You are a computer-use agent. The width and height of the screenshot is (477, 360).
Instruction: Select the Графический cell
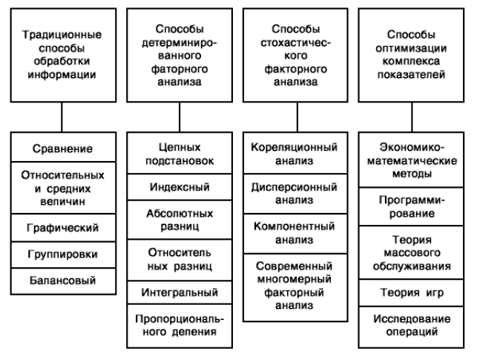click(x=63, y=228)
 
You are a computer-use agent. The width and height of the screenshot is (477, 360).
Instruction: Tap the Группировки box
click(x=63, y=255)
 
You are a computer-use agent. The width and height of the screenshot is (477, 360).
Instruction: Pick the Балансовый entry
click(x=63, y=281)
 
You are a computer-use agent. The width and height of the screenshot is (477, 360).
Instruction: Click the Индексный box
click(x=180, y=187)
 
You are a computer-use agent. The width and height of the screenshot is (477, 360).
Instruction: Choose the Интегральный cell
click(x=180, y=292)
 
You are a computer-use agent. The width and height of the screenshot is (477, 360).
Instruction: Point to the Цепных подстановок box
click(x=180, y=153)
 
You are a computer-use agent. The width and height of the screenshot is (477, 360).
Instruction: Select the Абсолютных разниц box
click(x=180, y=220)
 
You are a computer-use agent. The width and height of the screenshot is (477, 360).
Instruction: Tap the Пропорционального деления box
click(x=180, y=326)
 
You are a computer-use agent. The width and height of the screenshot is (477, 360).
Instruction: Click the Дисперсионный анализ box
click(x=295, y=194)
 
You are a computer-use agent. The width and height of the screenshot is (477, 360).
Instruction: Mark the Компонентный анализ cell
click(x=295, y=233)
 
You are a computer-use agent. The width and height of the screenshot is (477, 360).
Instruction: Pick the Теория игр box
click(x=411, y=292)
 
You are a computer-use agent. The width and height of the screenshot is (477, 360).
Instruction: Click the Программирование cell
click(x=411, y=206)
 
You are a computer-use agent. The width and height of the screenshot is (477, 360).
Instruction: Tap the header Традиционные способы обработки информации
click(x=63, y=55)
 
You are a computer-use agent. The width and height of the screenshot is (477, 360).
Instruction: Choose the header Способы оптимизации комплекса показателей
click(x=411, y=55)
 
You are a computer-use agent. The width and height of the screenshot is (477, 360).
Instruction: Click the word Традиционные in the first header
click(x=62, y=35)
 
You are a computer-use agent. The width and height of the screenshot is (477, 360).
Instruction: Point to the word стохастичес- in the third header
click(x=295, y=42)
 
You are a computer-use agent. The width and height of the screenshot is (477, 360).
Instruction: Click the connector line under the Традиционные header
click(x=62, y=117)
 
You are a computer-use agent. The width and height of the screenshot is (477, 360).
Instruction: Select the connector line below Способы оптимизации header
click(x=412, y=117)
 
